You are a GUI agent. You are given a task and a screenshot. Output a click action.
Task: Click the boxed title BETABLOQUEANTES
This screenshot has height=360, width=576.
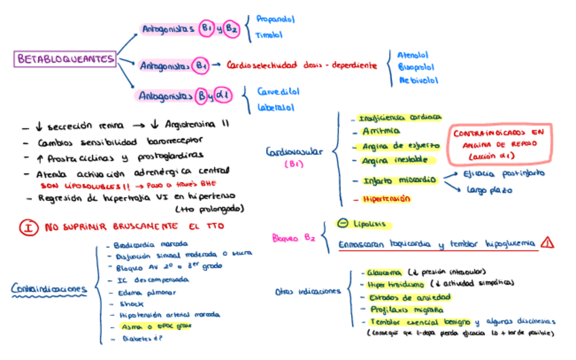coord(65,59)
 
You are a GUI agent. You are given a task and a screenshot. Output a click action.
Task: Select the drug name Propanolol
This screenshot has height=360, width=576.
coord(275,20)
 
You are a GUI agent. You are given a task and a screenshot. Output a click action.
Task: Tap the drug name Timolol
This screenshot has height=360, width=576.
coord(268,35)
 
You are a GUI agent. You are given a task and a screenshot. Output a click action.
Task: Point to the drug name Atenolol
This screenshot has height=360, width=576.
coord(414,54)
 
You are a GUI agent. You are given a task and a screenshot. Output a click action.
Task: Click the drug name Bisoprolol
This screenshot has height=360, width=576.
coord(416,67)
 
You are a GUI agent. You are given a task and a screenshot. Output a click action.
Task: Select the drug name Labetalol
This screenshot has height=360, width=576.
coord(275,107)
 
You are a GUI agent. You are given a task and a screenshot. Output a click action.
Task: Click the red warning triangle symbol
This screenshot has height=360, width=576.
coord(547,242)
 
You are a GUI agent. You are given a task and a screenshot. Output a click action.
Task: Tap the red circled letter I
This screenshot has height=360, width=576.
coord(28,227)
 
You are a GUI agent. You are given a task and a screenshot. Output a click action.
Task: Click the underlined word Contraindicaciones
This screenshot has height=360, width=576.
coord(50,290)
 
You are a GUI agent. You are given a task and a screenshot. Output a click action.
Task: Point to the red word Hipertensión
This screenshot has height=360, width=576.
coord(386,198)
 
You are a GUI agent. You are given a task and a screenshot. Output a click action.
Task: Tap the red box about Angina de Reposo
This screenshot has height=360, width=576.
coord(499,144)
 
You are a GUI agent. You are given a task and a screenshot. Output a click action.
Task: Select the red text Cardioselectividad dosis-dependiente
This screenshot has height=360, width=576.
coord(302,65)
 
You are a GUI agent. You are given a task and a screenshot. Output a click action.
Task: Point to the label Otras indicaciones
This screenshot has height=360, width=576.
coord(308,291)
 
